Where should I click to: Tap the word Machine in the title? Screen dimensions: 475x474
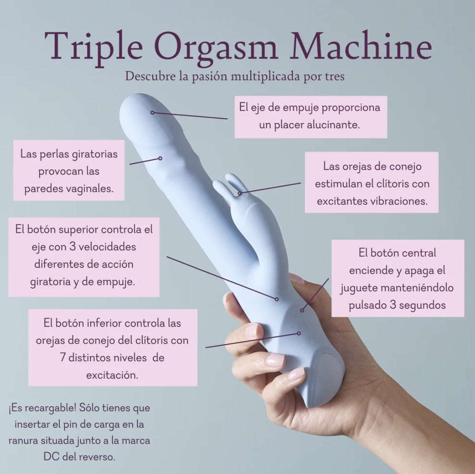361,45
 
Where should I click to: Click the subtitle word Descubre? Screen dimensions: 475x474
150,76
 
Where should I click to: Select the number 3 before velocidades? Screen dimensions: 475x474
72,247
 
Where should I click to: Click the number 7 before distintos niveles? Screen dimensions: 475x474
63,358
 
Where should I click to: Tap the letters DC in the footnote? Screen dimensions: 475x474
51,456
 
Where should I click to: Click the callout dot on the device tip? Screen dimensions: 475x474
152,113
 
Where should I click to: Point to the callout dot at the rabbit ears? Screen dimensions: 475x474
239,193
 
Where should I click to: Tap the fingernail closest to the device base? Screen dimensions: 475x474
296,374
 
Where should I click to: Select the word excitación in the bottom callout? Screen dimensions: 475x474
112,376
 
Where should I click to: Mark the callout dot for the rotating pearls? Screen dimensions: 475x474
160,158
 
